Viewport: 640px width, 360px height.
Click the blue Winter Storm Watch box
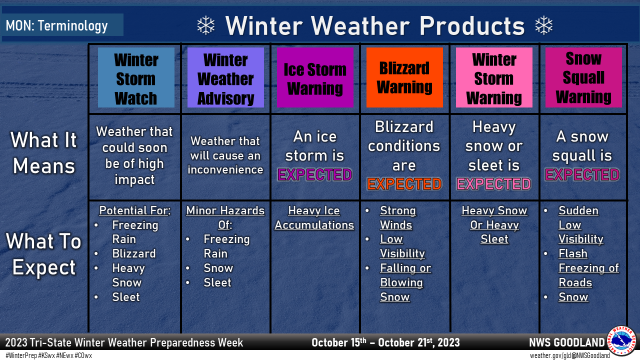(x=136, y=77)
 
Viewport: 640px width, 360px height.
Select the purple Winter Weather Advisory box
(x=225, y=77)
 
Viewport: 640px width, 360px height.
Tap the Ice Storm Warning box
(x=315, y=77)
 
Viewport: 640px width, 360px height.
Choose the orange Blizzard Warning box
(x=404, y=77)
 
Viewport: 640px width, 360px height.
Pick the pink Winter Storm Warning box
(x=494, y=77)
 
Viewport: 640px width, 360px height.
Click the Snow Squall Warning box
(x=583, y=77)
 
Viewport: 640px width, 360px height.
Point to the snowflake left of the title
(x=205, y=25)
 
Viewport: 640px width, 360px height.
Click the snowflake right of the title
(x=544, y=25)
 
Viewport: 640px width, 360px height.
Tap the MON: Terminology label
(x=56, y=25)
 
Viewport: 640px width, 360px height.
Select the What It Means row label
(x=43, y=153)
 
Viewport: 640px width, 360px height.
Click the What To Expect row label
(x=43, y=254)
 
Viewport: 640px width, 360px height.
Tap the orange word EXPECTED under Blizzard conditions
(x=404, y=184)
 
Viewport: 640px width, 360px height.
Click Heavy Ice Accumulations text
(x=314, y=218)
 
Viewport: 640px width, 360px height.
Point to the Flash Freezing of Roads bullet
(x=588, y=268)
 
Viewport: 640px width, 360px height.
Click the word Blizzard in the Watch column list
(x=133, y=253)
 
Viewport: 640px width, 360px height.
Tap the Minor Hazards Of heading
(x=225, y=218)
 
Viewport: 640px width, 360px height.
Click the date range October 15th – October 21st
(x=385, y=343)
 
